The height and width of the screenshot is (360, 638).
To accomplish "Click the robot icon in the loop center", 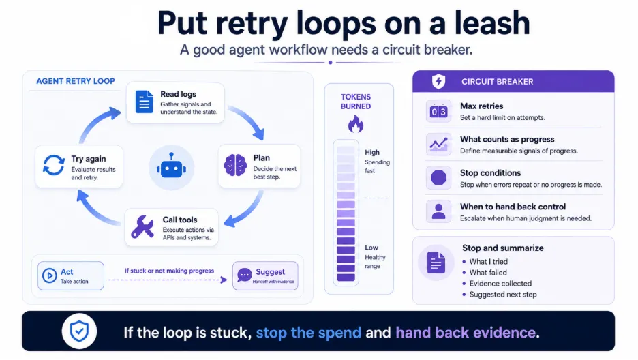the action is click(x=171, y=167).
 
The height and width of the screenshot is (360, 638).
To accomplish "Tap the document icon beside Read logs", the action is click(x=144, y=102).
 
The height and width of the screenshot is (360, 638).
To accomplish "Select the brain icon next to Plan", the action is click(x=235, y=165).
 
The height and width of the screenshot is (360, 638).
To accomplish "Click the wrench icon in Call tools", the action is click(x=142, y=226).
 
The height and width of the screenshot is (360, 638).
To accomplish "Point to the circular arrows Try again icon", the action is click(x=54, y=165).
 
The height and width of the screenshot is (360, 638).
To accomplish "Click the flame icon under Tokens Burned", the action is click(x=356, y=124).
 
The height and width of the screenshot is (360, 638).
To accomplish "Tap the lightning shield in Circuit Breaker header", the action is click(x=439, y=81).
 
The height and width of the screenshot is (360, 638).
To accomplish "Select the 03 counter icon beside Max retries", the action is click(x=439, y=111).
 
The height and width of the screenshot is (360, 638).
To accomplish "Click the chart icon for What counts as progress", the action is click(x=439, y=145).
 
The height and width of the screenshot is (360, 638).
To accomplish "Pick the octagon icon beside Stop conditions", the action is click(x=439, y=178).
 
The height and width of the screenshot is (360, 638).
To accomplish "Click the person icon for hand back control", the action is click(x=439, y=211).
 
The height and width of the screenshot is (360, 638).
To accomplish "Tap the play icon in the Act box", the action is click(x=50, y=275).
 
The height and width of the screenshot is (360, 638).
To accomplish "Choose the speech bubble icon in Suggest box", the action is click(x=244, y=275).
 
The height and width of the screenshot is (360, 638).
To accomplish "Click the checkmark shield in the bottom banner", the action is click(x=79, y=331).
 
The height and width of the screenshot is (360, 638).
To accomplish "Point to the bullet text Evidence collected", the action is click(x=500, y=283).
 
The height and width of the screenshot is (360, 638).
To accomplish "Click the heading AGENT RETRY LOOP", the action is click(x=76, y=81).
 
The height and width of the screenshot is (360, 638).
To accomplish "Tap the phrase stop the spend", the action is click(x=308, y=332).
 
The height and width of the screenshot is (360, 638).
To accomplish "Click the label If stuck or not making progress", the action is click(x=169, y=271).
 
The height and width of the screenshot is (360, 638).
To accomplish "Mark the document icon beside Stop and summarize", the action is click(x=436, y=262).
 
